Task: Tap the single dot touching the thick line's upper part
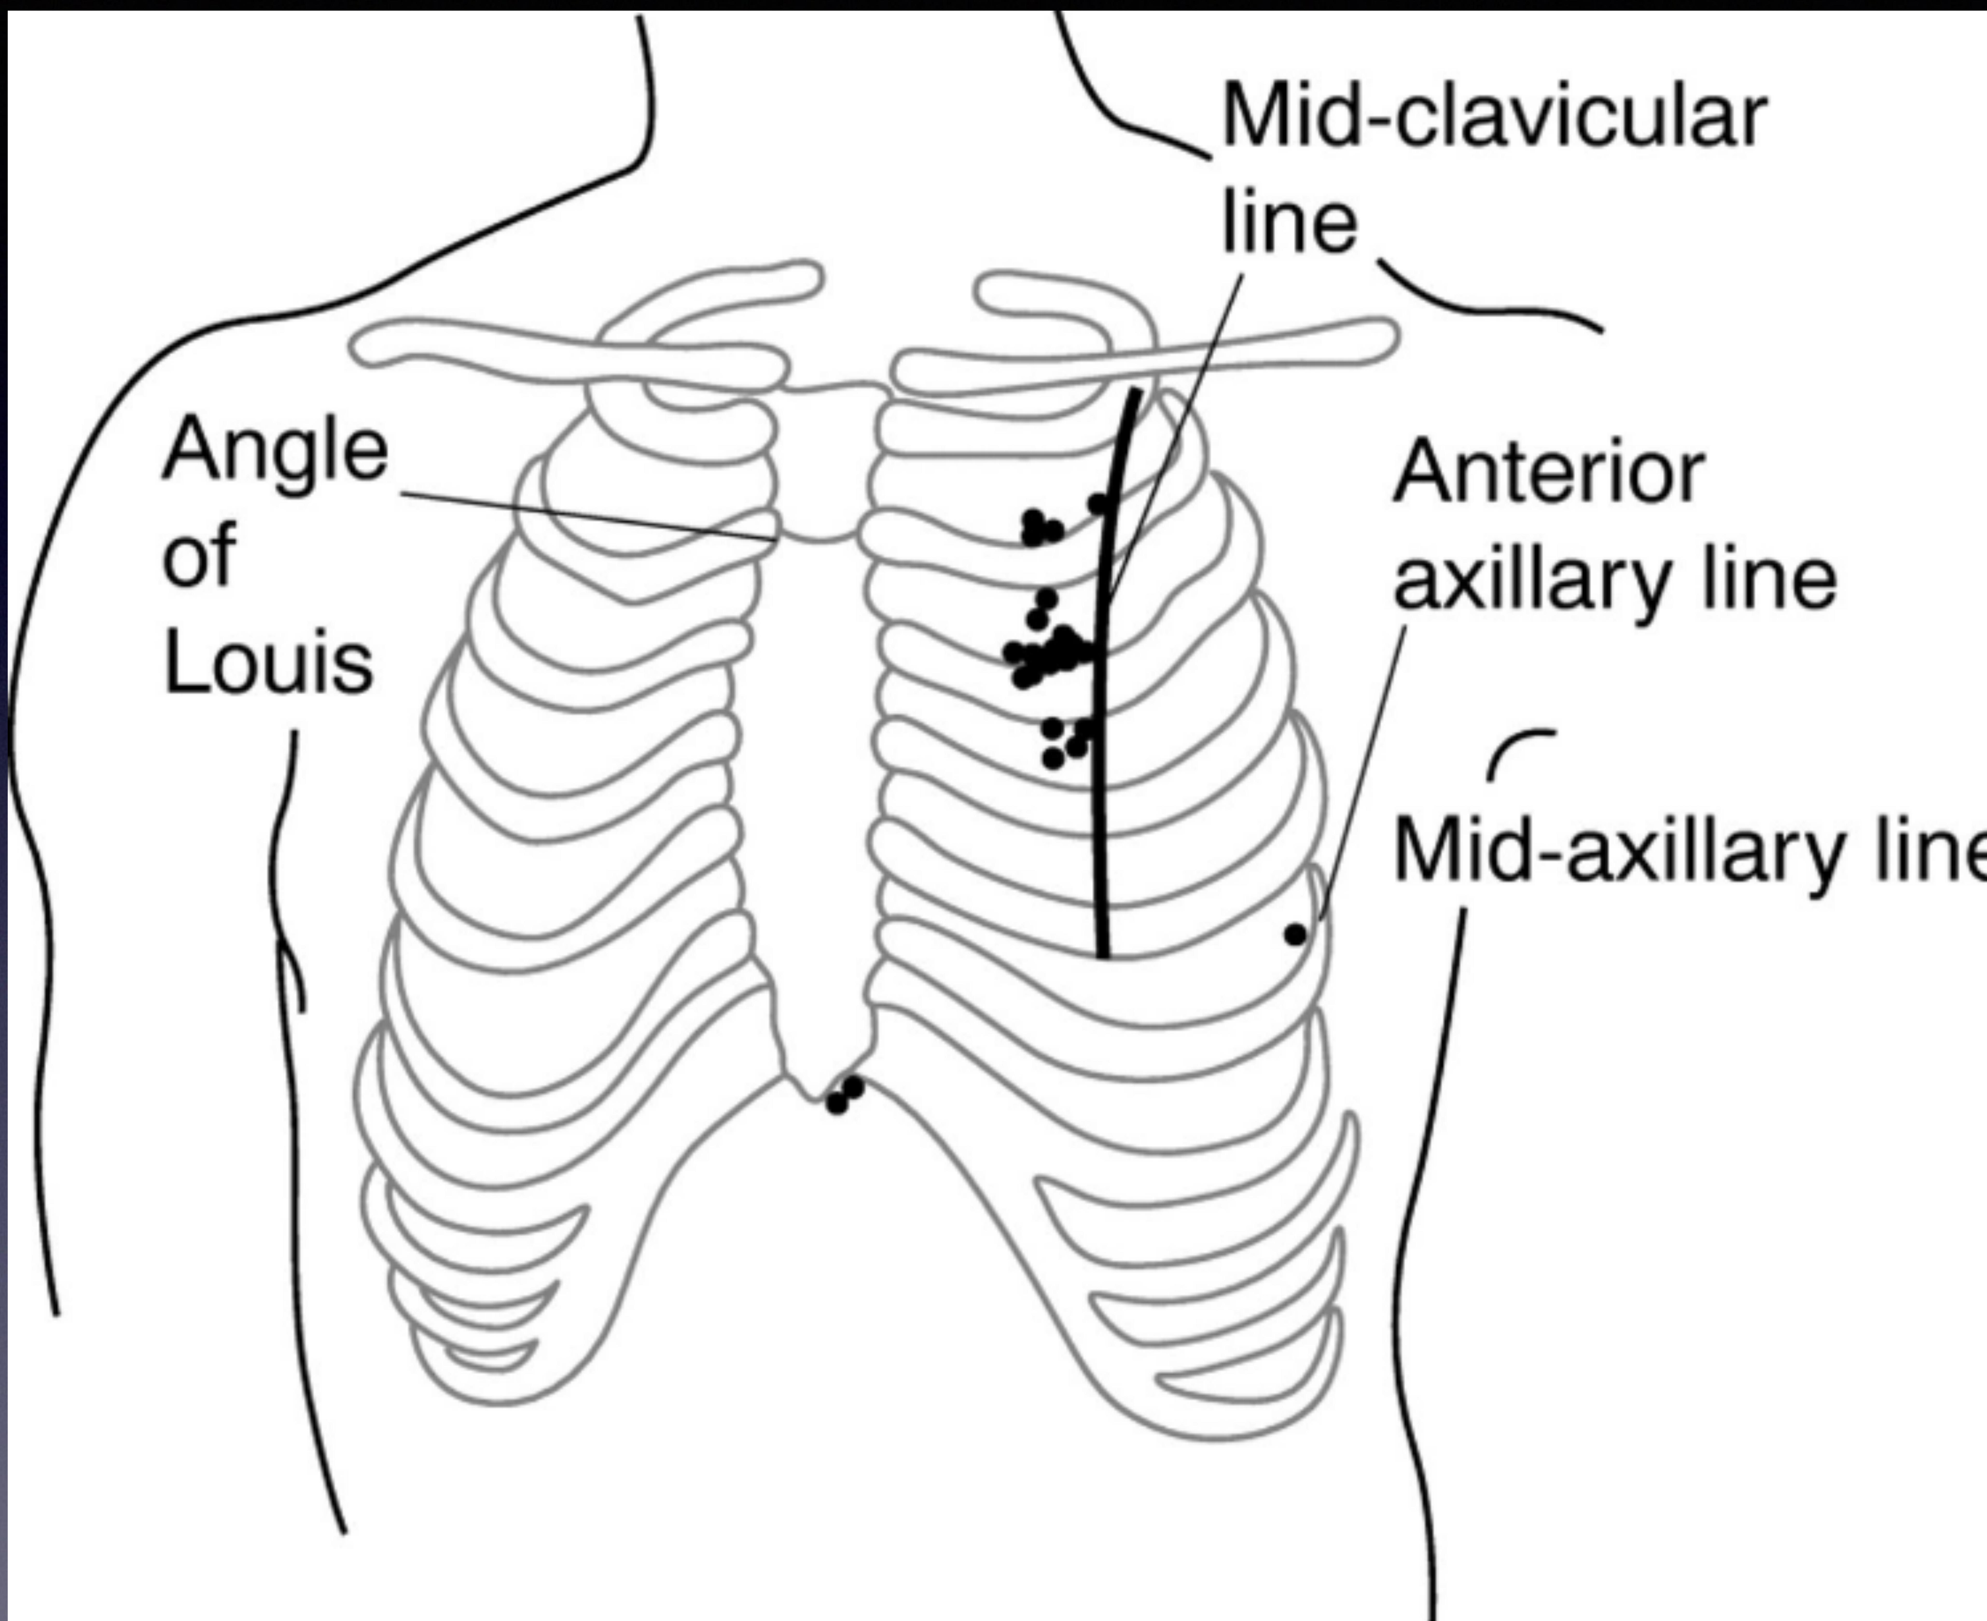tap(1099, 504)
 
